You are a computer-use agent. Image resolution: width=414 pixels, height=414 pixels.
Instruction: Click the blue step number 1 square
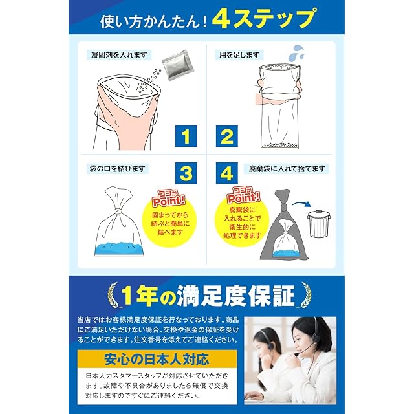pos(186,136)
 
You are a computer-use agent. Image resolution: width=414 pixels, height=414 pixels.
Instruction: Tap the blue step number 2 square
pos(227,136)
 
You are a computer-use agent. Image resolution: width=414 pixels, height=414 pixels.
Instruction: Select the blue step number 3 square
pos(186,173)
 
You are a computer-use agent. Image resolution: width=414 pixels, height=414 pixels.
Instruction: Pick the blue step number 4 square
pos(227,173)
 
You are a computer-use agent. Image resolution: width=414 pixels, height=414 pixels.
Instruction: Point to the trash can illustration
pos(319,223)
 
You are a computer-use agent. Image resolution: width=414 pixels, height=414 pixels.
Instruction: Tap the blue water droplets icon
pos(296,52)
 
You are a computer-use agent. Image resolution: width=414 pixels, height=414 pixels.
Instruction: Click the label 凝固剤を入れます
pos(119,55)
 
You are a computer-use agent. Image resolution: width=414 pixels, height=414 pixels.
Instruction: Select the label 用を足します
pos(239,55)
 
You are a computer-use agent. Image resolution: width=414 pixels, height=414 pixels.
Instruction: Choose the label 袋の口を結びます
pos(118,169)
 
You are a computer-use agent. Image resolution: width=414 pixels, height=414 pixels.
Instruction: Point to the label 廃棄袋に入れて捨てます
pos(287,169)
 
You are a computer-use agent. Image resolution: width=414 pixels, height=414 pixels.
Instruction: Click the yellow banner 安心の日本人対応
pos(157,359)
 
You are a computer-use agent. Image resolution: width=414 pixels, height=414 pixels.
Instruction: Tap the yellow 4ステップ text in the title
pos(263,19)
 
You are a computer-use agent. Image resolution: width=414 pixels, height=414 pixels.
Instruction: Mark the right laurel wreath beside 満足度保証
pos(305,295)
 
